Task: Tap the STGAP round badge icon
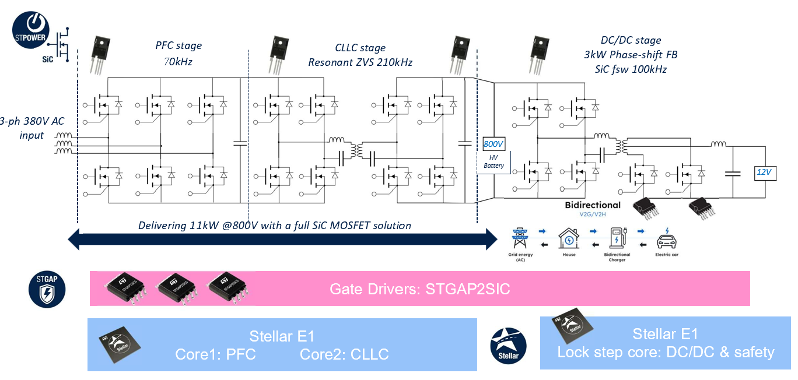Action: click(x=47, y=287)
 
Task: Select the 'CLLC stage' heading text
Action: click(x=360, y=48)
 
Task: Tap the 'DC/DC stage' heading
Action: click(x=631, y=40)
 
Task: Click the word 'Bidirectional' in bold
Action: click(x=593, y=206)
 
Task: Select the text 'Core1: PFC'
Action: click(x=215, y=354)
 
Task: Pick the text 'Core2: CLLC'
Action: click(x=344, y=354)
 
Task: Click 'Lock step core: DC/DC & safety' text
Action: click(x=666, y=352)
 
